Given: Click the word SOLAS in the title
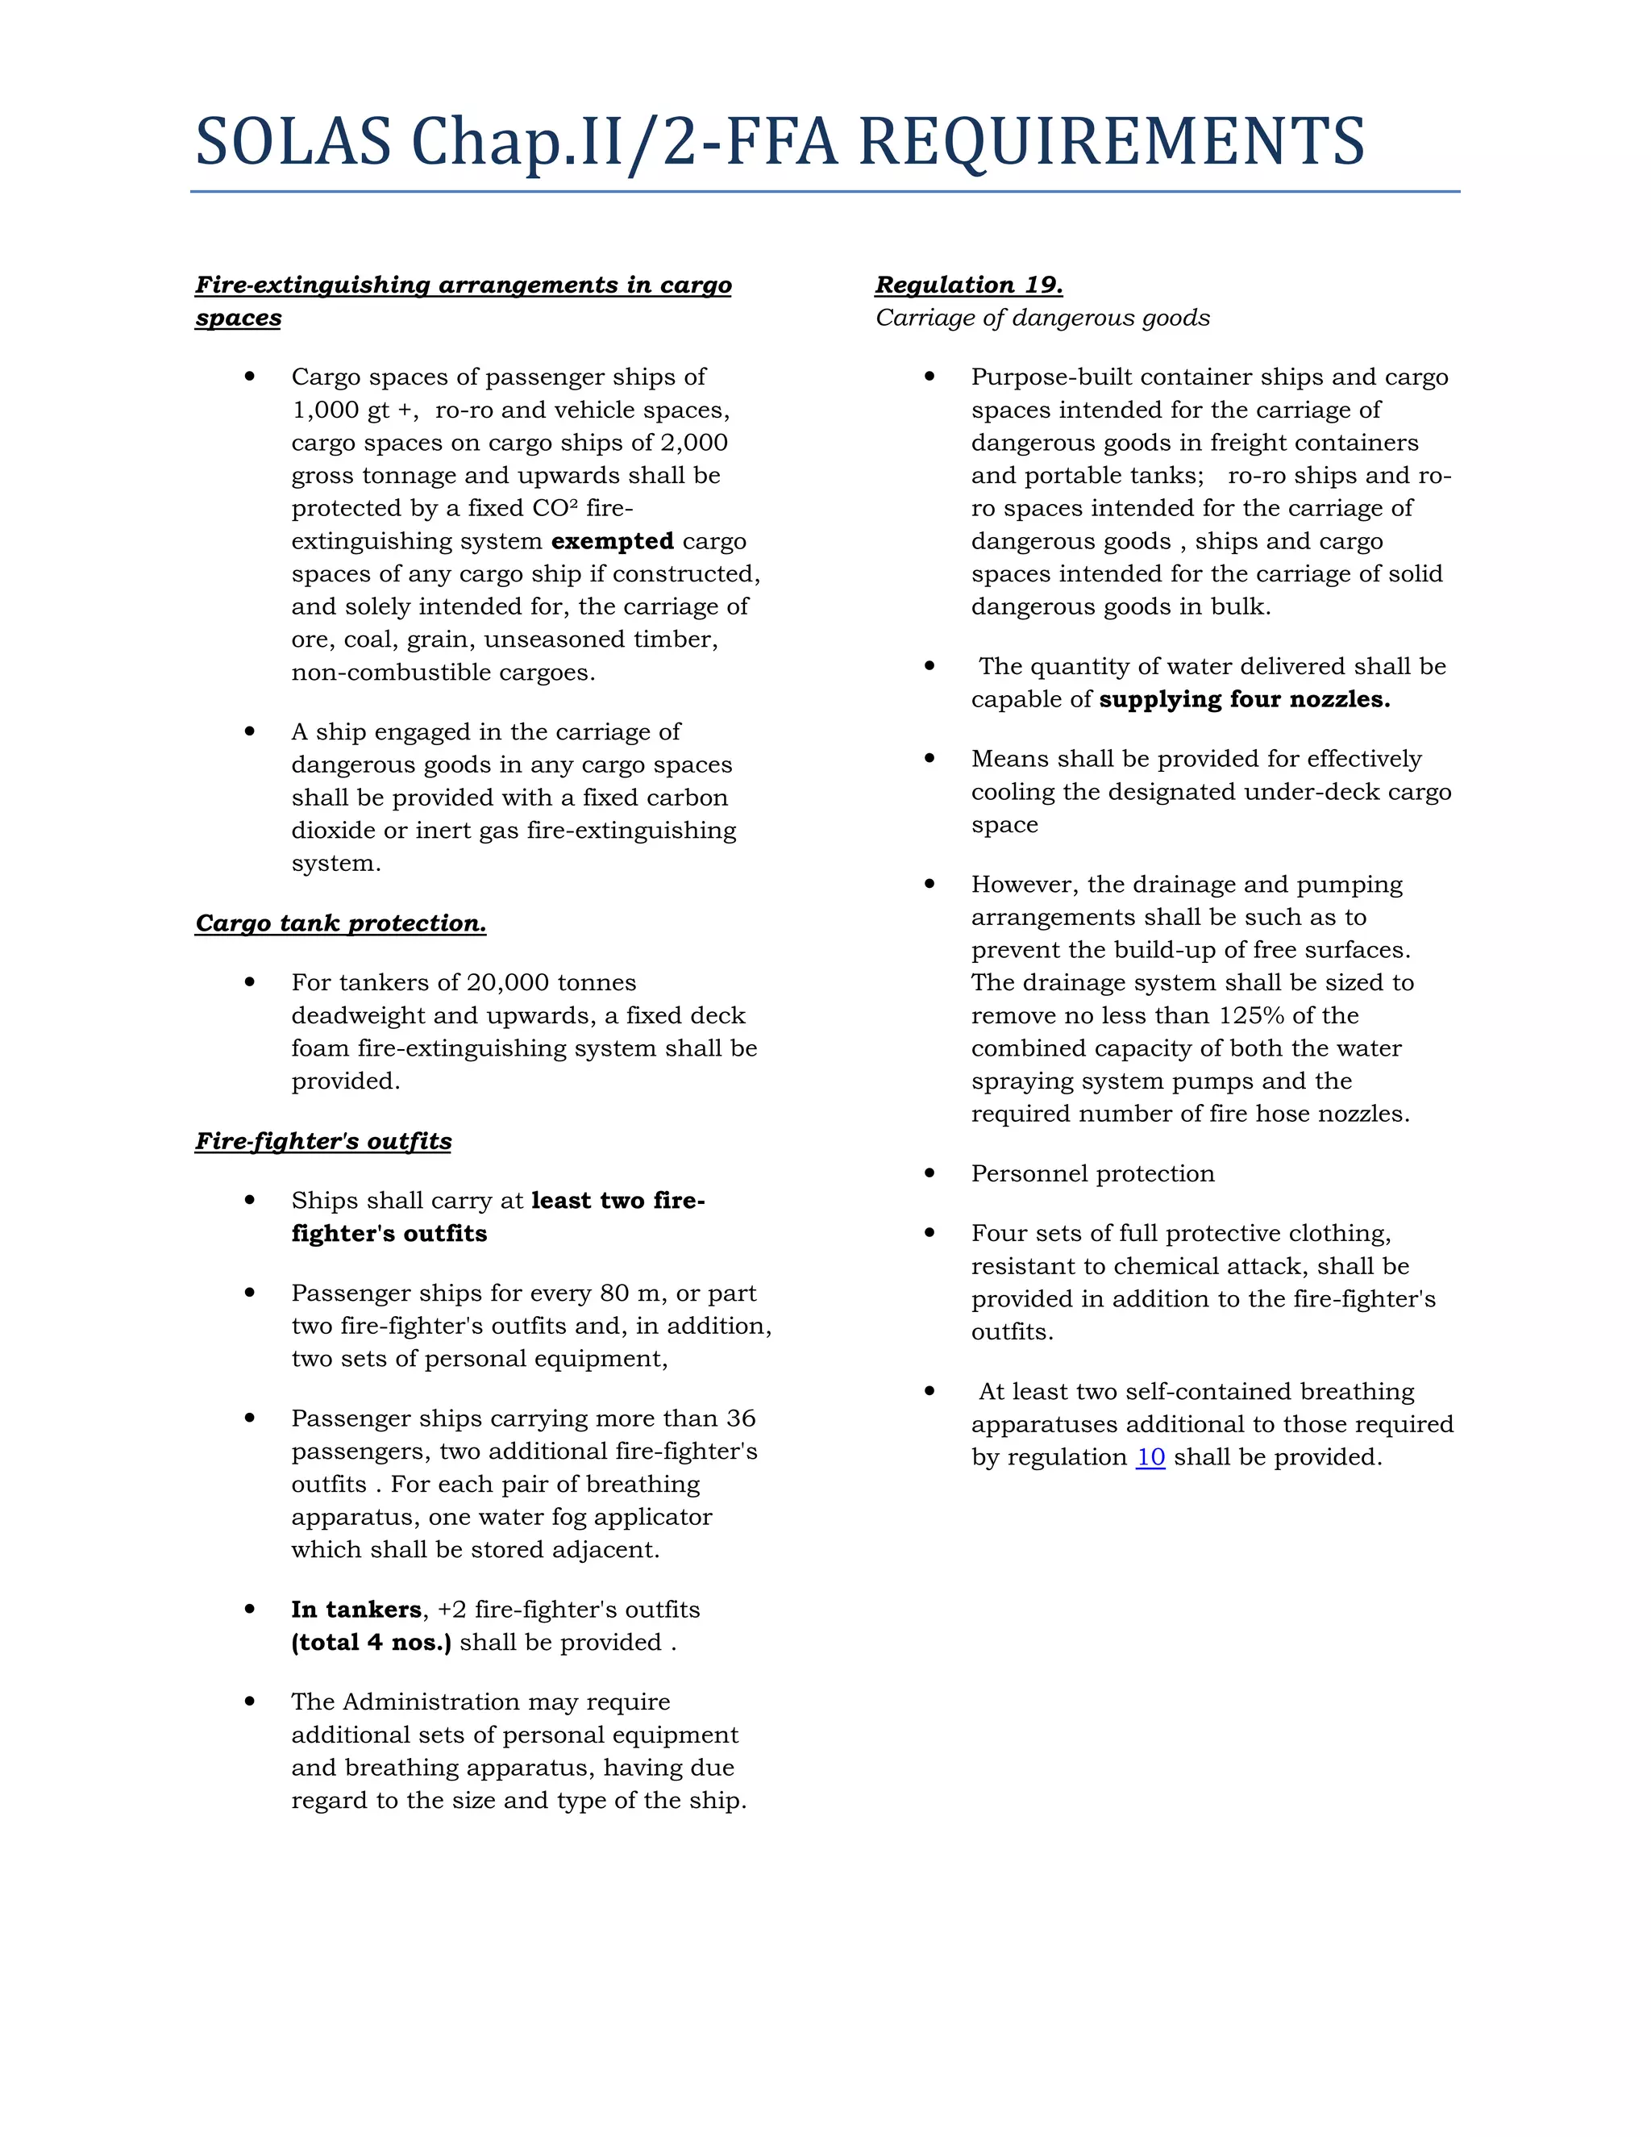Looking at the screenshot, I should pyautogui.click(x=293, y=142).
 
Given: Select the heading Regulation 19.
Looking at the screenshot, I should pyautogui.click(x=968, y=285).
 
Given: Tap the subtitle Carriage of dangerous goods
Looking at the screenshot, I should pyautogui.click(x=1042, y=318).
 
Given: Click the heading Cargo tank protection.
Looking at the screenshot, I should pyautogui.click(x=340, y=923).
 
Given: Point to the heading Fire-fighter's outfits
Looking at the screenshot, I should pyautogui.click(x=322, y=1141).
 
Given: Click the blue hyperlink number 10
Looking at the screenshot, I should pyautogui.click(x=1150, y=1457).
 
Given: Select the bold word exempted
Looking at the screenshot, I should pyautogui.click(x=613, y=541).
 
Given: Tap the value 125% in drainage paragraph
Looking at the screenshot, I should pyautogui.click(x=1251, y=1015).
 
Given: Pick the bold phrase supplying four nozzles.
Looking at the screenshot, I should pyautogui.click(x=1244, y=700).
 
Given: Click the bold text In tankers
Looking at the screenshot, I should pyautogui.click(x=356, y=1610).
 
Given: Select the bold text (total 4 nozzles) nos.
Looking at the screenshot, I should pyautogui.click(x=372, y=1643).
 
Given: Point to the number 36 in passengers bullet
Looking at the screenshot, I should pyautogui.click(x=740, y=1418).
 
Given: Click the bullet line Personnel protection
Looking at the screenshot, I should pyautogui.click(x=1092, y=1174).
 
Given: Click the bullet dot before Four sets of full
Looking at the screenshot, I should pyautogui.click(x=929, y=1233).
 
